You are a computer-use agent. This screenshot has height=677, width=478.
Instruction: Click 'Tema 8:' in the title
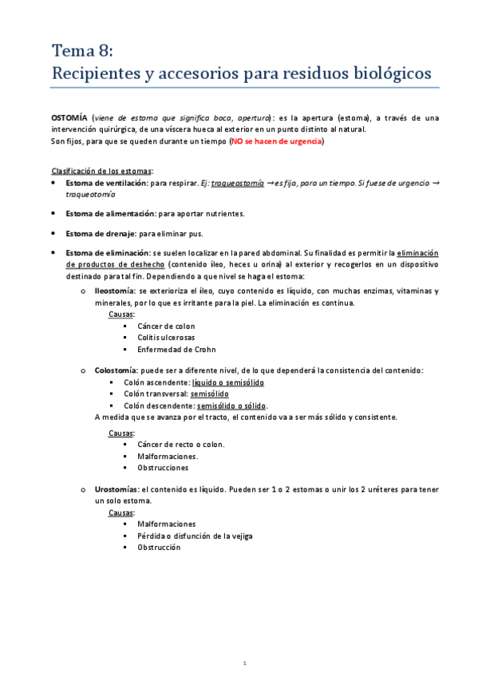point(82,52)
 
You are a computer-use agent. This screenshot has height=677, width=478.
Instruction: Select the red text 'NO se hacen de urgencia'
point(276,141)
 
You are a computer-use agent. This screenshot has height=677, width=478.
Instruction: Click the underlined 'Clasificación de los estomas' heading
point(102,172)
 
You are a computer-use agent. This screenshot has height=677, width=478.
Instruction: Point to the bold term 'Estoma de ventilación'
point(105,184)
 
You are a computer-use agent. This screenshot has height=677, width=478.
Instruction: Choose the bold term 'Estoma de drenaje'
point(101,234)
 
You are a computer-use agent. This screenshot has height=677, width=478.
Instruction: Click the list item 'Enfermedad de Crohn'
point(176,350)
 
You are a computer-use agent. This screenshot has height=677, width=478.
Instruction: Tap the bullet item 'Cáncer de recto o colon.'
point(181,444)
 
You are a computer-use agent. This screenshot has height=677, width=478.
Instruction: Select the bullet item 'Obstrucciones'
point(163,468)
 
